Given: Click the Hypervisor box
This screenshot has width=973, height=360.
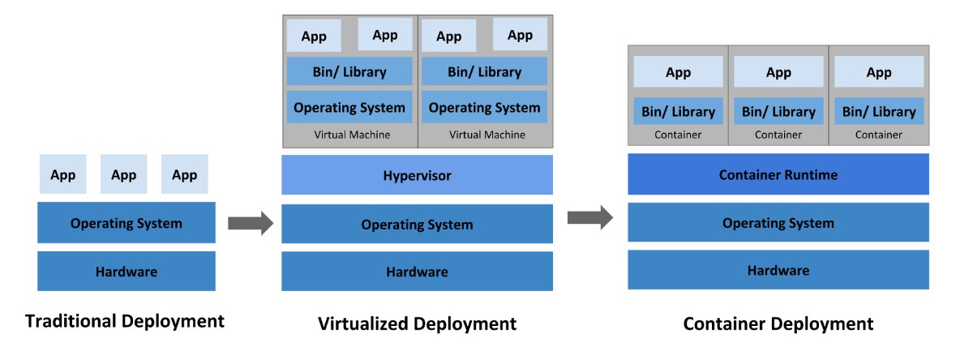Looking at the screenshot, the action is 417,174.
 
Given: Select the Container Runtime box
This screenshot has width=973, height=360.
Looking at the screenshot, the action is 778,174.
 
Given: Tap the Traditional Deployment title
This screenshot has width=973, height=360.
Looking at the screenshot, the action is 125,322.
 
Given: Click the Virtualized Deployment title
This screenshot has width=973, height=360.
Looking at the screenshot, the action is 417,324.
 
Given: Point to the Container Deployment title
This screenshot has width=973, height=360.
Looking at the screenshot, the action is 778,324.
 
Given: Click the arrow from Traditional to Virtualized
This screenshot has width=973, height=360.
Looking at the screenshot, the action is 251,223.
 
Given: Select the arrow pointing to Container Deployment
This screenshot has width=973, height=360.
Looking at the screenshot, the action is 590,217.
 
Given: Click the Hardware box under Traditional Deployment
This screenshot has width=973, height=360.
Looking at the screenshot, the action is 126,271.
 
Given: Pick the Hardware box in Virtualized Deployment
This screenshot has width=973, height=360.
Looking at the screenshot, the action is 417,271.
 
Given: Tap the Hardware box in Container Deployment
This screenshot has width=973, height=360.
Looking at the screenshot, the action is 778,270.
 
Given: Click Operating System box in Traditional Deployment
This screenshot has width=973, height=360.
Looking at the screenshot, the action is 126,222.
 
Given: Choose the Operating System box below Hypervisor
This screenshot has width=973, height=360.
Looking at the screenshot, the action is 417,224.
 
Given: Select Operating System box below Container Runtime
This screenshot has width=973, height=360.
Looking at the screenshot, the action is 778,222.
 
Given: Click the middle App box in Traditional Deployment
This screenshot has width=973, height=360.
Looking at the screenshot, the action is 124,174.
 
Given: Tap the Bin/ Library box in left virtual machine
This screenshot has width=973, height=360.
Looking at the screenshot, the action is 349,71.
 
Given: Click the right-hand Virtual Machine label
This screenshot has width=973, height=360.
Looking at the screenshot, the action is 487,135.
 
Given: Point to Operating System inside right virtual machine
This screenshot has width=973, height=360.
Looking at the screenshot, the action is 484,107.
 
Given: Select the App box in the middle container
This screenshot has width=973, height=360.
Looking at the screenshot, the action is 778,71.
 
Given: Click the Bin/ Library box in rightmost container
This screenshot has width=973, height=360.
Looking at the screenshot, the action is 879,111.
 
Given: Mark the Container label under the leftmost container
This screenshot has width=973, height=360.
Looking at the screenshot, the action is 678,135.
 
